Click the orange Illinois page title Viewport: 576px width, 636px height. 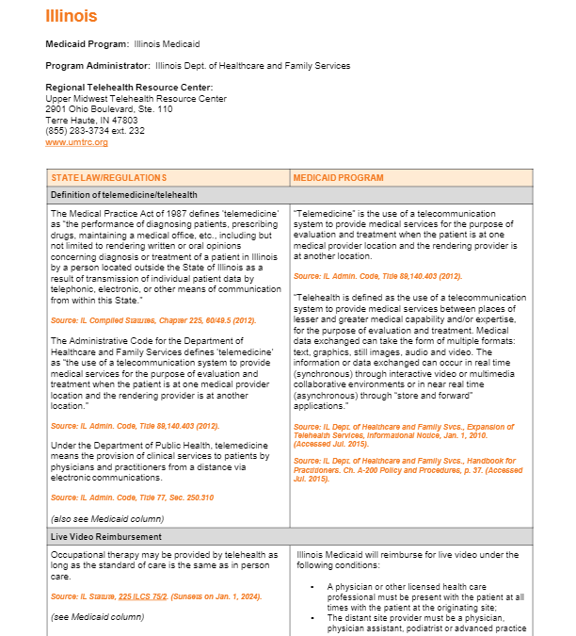point(72,16)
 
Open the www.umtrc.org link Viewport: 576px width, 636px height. point(76,142)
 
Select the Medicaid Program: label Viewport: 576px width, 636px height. point(88,44)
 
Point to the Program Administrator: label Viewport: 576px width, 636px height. point(98,66)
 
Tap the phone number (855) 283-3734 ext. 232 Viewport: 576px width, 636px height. point(95,131)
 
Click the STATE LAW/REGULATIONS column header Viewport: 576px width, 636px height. point(109,177)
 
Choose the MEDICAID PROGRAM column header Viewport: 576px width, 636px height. point(338,177)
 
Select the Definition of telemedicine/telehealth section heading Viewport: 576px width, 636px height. point(123,194)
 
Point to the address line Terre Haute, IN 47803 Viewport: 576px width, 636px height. point(91,121)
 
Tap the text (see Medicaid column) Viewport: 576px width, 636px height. point(98,616)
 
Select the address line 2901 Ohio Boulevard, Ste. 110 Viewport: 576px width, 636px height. point(108,109)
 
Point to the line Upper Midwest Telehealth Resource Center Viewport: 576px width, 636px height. point(136,99)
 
